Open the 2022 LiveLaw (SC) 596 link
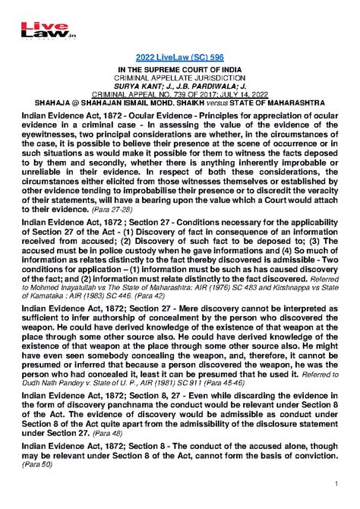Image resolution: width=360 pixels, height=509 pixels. pyautogui.click(x=180, y=59)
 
